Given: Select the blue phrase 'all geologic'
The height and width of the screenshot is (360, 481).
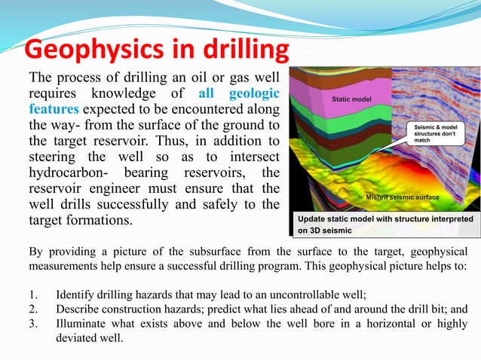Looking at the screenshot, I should coord(238,94).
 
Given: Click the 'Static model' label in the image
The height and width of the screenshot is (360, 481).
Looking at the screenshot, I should coord(351,99).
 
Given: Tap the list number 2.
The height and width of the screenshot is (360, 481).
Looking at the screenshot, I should coord(33,308).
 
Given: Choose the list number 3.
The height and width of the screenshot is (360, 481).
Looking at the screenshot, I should coord(33,324).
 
